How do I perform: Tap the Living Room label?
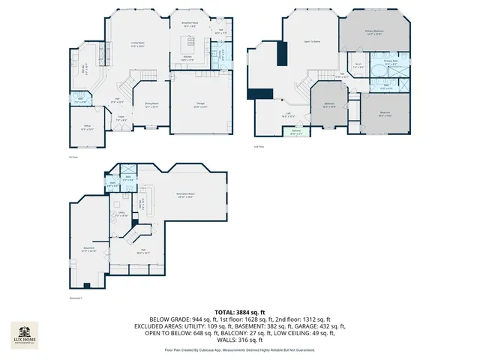pos(137,45)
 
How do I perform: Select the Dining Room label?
pos(151,106)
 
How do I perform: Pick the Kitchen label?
pos(189,60)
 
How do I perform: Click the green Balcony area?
pos(297,133)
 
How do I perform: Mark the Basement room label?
pos(88,250)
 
